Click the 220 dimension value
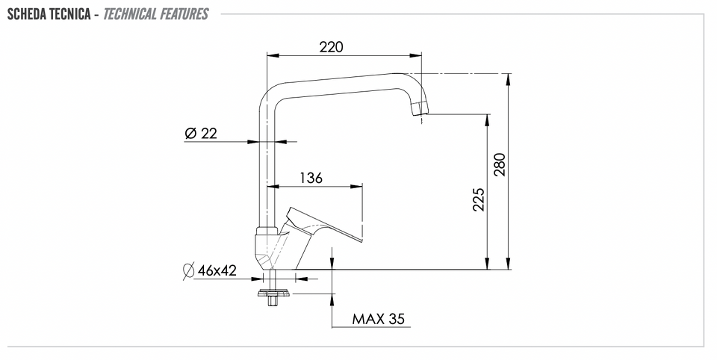[x=331, y=46]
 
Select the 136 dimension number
[x=311, y=178]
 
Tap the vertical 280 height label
[x=500, y=164]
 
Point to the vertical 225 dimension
[x=478, y=199]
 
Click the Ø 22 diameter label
[x=201, y=134]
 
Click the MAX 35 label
[x=378, y=319]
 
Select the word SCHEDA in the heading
[x=27, y=14]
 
